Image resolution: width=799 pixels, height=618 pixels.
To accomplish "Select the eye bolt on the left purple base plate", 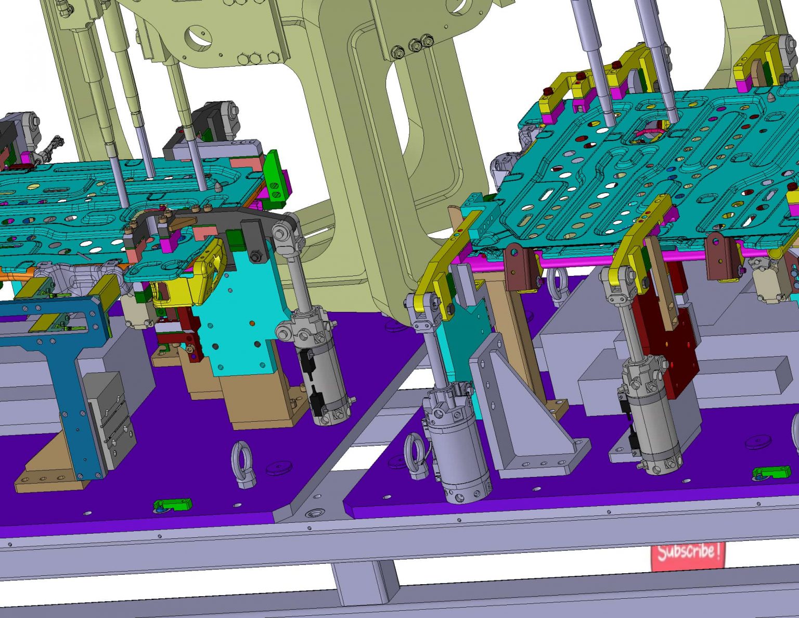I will click(242, 463).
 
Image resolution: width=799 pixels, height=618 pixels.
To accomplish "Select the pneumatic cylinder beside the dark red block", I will click(650, 417).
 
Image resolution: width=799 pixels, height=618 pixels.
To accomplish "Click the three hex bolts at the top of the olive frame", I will click(415, 44).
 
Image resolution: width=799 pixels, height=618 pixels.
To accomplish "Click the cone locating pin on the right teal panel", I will click(770, 98).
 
